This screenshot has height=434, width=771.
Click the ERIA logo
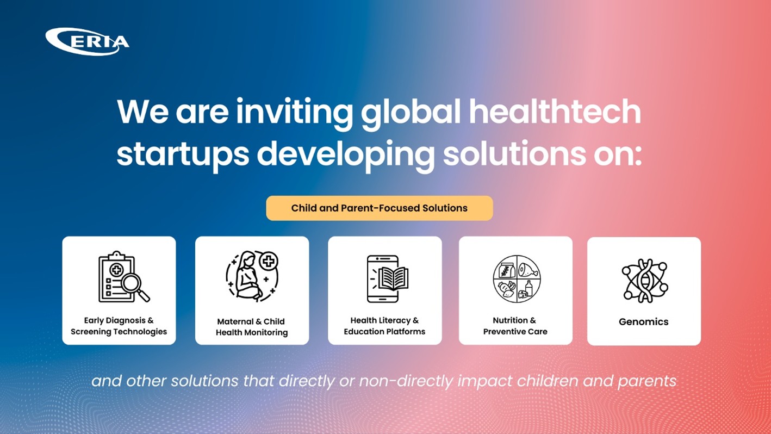click(88, 42)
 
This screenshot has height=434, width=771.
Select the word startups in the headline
click(183, 155)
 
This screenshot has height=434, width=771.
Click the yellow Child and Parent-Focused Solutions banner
click(380, 208)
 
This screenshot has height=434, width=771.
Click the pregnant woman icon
click(248, 276)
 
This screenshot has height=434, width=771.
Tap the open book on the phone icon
click(393, 278)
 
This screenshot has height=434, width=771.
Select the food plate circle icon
click(517, 279)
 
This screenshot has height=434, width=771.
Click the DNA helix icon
click(644, 281)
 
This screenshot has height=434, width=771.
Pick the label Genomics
click(643, 322)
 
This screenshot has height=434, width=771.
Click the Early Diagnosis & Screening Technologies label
click(119, 326)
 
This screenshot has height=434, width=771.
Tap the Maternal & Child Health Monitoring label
click(252, 327)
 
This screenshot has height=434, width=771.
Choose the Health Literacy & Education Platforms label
click(384, 326)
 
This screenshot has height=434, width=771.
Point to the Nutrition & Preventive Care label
click(515, 326)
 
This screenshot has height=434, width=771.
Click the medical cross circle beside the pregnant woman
click(269, 261)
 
